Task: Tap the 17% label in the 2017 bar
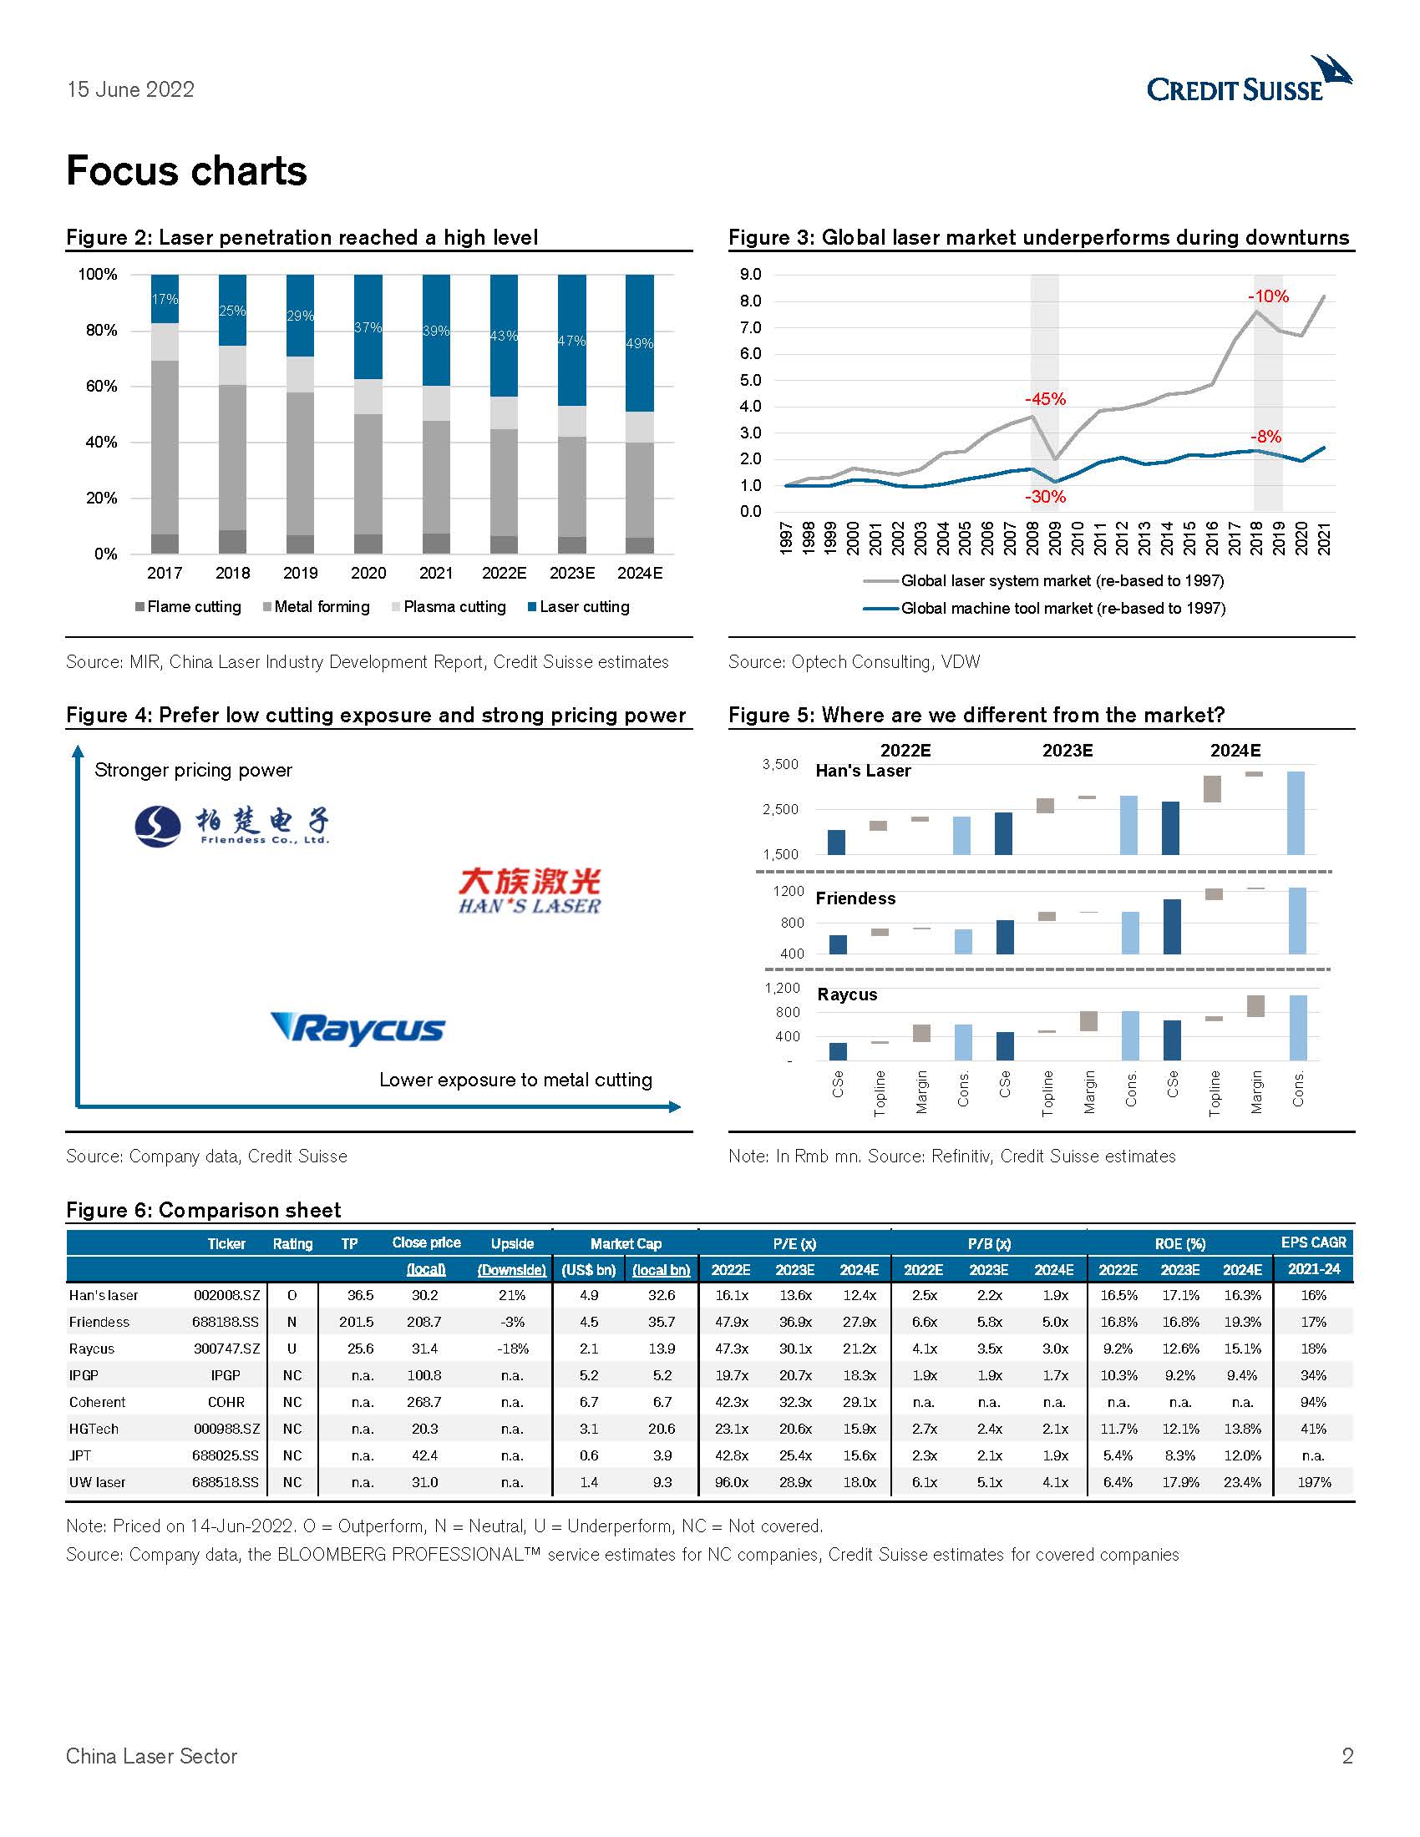coord(165,299)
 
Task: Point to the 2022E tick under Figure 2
coord(504,573)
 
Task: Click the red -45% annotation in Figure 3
coord(1045,398)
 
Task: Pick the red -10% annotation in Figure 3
coord(1268,296)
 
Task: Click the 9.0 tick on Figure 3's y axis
coord(750,274)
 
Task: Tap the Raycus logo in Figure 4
coord(358,1028)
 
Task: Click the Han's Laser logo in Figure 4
coord(530,891)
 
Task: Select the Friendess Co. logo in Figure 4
coord(232,825)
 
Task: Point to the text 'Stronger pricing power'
coord(194,770)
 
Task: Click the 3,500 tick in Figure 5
coord(780,764)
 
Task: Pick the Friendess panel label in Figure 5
coord(855,898)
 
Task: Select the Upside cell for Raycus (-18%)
coord(512,1349)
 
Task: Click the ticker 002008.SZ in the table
coord(226,1295)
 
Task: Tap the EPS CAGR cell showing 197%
coord(1313,1482)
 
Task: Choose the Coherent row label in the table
coord(98,1402)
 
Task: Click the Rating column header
coord(292,1243)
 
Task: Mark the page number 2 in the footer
coord(1346,1755)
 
